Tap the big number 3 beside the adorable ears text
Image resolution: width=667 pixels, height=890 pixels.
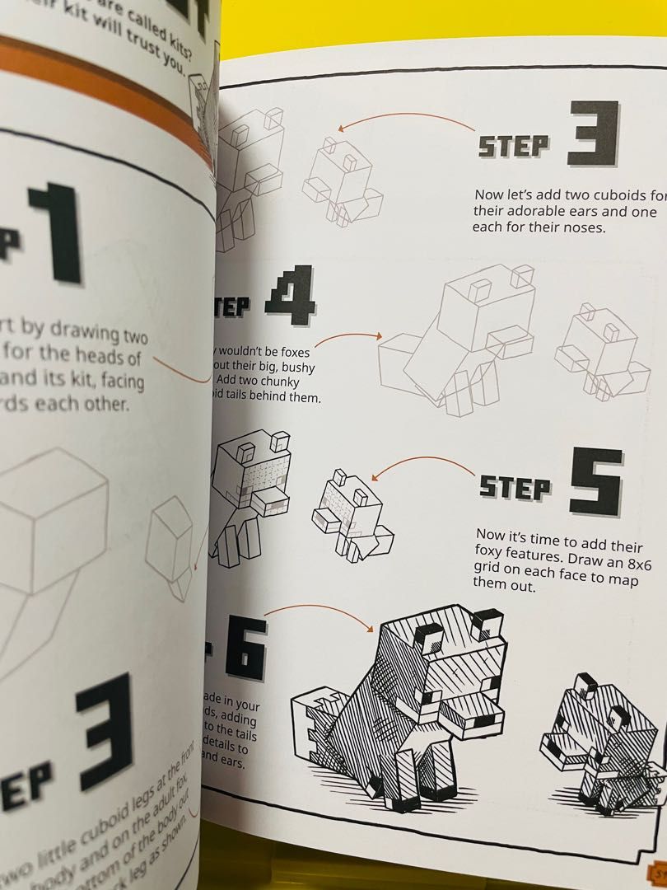[592, 134]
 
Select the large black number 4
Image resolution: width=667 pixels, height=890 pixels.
[289, 296]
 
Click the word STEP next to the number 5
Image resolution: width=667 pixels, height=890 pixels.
[515, 488]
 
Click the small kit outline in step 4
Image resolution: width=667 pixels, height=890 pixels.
[598, 349]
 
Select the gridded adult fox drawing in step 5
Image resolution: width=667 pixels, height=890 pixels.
[248, 494]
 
